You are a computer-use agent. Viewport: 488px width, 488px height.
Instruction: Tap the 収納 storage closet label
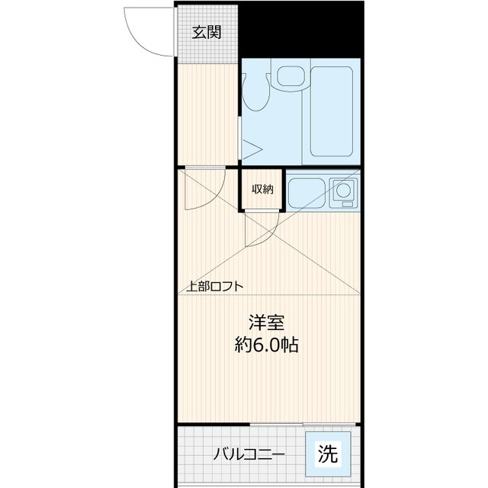[x=262, y=189]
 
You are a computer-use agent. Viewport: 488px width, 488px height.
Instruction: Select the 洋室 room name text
[x=265, y=322]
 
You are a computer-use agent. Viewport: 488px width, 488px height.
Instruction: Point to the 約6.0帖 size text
[x=265, y=345]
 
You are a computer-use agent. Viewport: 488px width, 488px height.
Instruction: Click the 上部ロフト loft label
[x=216, y=287]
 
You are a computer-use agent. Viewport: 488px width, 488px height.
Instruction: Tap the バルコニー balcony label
[x=249, y=455]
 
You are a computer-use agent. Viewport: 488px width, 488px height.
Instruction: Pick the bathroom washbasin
[x=290, y=75]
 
